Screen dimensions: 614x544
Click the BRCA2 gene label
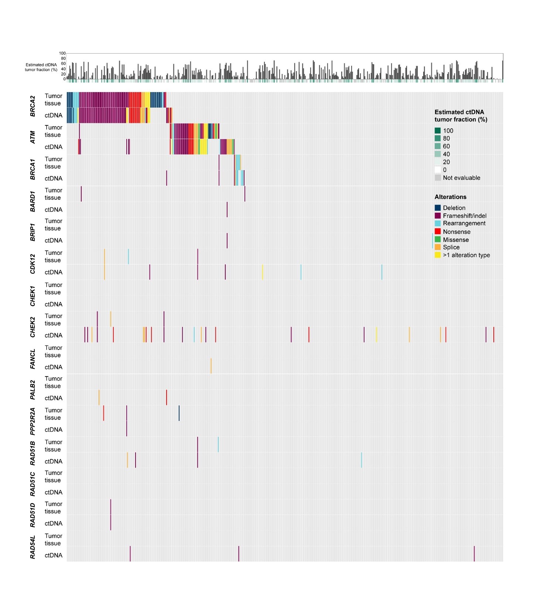tap(33, 106)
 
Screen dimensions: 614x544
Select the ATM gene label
tap(33, 137)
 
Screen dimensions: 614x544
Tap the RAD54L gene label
tap(33, 547)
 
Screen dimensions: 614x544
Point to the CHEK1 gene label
tap(33, 296)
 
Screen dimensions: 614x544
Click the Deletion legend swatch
tap(438, 208)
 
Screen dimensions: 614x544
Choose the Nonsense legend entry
tap(456, 232)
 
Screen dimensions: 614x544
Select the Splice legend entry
tap(451, 247)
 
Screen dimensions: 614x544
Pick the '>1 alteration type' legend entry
tap(466, 255)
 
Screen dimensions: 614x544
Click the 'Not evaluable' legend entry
tap(461, 178)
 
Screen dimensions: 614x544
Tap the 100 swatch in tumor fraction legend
tap(438, 131)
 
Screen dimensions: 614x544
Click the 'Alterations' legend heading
tap(450, 197)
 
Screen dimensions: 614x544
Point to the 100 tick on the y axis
tap(62, 53)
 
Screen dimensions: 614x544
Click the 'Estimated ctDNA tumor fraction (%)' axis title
tap(41, 67)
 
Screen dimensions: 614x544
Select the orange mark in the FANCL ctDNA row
tap(211, 366)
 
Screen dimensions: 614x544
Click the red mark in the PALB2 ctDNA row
tap(166, 397)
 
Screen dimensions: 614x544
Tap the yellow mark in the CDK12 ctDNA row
tap(262, 272)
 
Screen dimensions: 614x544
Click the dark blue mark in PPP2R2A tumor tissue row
tap(179, 413)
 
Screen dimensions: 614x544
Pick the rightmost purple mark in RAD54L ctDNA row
tap(474, 554)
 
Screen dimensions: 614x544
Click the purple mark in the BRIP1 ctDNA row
tap(227, 240)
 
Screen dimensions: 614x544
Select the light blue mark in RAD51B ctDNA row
tap(361, 460)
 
